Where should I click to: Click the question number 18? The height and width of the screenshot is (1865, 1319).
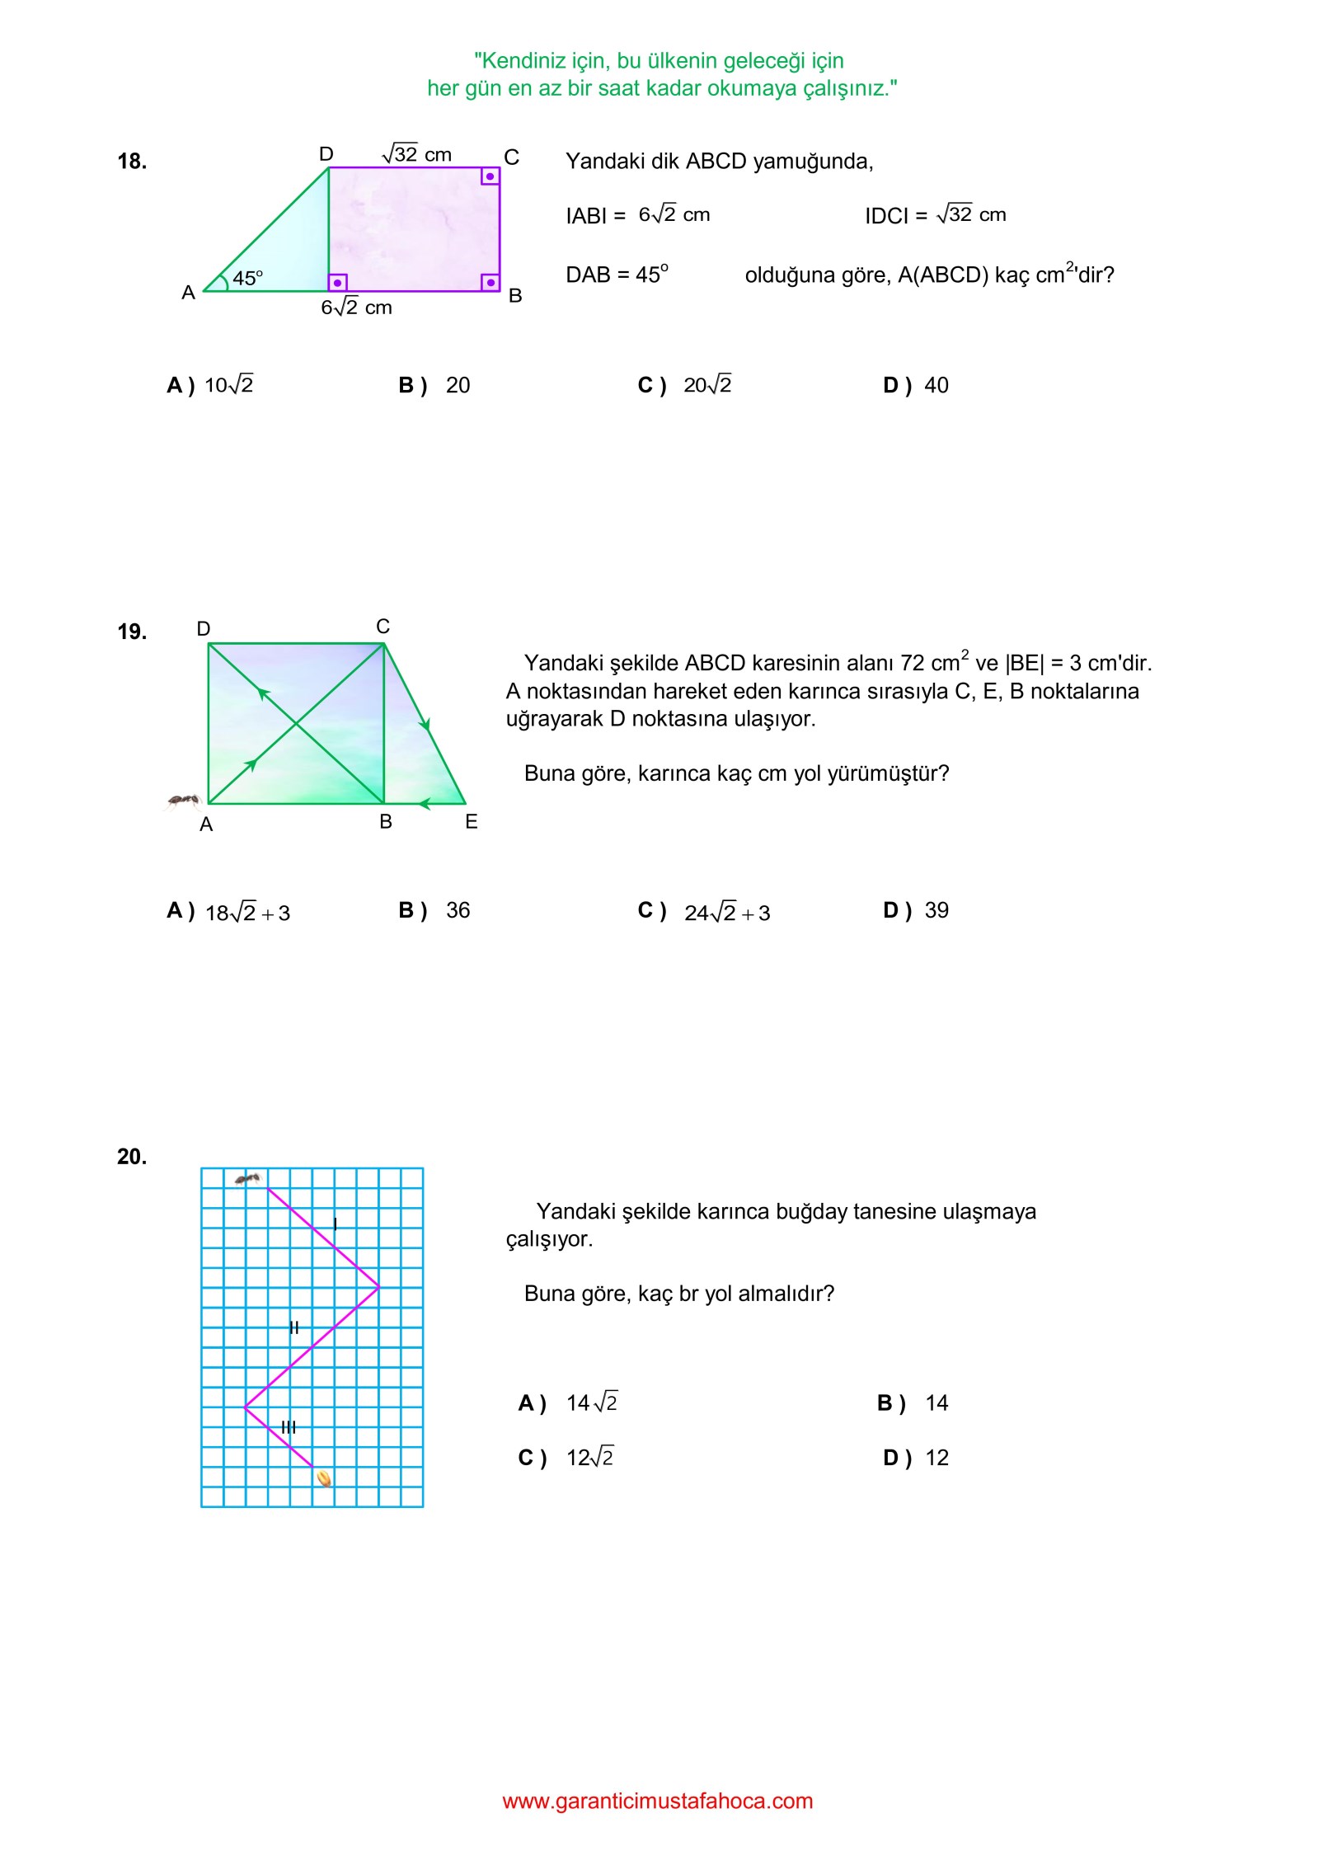[x=132, y=162]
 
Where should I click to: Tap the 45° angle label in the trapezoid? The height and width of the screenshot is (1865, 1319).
[x=247, y=279]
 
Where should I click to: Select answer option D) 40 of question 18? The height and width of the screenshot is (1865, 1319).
[x=915, y=385]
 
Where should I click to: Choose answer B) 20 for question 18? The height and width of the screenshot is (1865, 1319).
[x=434, y=385]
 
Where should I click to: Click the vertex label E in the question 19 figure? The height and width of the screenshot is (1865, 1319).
[x=472, y=821]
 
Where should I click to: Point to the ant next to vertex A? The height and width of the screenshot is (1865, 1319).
[x=184, y=800]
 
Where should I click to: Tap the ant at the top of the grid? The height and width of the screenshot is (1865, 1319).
[x=247, y=1179]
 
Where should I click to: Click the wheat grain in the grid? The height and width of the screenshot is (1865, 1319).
[x=325, y=1478]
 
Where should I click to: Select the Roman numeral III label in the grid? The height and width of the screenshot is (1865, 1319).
[x=289, y=1426]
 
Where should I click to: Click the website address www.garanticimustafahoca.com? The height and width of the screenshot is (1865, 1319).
[x=658, y=1801]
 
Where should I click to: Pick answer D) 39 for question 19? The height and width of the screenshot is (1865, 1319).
[x=915, y=910]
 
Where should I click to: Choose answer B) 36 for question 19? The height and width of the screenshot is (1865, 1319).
[x=434, y=910]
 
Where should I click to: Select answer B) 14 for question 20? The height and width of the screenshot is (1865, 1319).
[x=913, y=1402]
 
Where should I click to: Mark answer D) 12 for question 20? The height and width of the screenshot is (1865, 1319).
[x=915, y=1458]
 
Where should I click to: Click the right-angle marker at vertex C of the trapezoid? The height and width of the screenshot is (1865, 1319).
[x=490, y=176]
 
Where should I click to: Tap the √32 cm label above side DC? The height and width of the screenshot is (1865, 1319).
[x=417, y=154]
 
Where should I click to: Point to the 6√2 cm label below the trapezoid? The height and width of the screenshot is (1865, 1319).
[x=356, y=308]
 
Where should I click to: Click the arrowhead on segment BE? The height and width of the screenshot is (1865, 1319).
[x=425, y=803]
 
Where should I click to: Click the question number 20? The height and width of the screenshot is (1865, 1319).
[x=132, y=1157]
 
